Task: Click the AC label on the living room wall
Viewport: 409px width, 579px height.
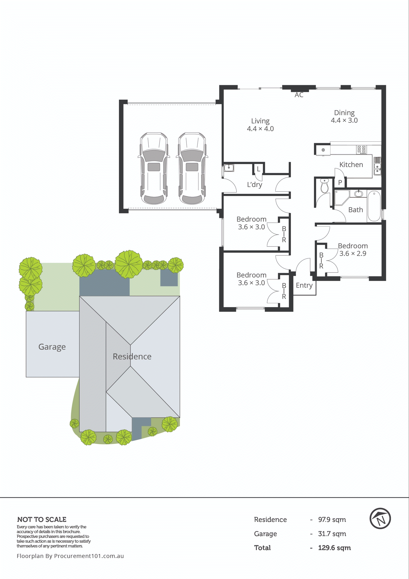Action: point(299,95)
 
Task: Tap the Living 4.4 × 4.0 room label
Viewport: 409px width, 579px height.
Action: point(260,125)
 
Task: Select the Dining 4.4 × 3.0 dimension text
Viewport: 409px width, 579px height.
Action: point(344,120)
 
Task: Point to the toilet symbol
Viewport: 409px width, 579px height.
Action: point(324,185)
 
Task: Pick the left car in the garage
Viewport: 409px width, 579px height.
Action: point(154,168)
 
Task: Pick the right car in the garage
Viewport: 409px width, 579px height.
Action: point(192,168)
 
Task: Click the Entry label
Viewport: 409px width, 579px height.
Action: point(304,285)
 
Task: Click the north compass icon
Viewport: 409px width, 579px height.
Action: point(380,519)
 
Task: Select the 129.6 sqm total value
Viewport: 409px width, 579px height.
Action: point(334,548)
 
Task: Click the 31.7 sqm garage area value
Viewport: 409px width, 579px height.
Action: point(332,534)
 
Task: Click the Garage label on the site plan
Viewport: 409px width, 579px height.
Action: point(52,347)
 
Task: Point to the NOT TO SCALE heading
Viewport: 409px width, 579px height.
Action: point(42,519)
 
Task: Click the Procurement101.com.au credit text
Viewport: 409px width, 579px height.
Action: point(70,556)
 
